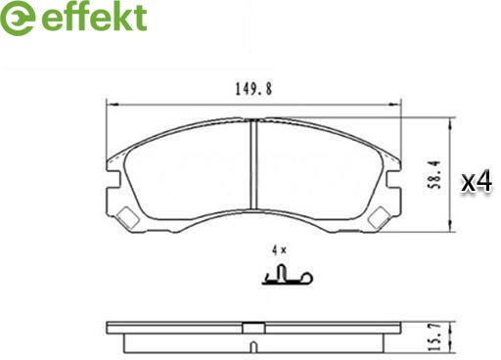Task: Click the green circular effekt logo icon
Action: [18, 18]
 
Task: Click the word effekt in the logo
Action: [94, 17]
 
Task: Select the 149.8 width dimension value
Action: [253, 89]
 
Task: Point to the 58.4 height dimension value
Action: [434, 175]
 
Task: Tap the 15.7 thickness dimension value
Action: [434, 337]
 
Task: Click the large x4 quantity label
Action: [477, 182]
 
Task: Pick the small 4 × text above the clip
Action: [279, 250]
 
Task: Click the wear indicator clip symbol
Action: [288, 275]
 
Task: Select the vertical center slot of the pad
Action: [254, 163]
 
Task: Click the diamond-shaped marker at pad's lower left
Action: [127, 218]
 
